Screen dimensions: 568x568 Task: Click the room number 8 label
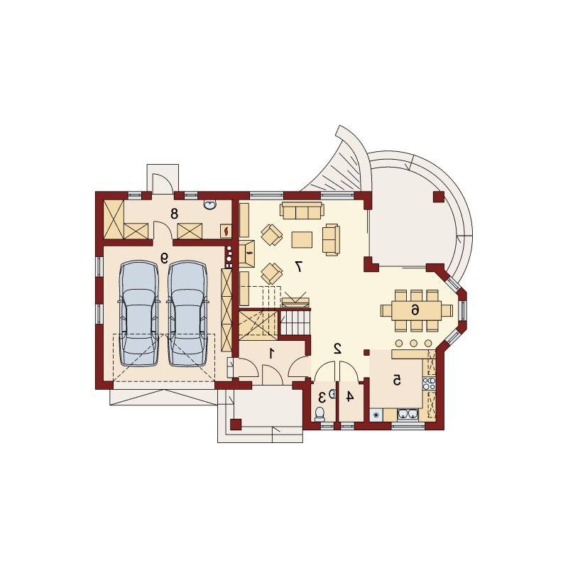tap(174, 214)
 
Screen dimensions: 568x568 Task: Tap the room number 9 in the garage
tap(165, 258)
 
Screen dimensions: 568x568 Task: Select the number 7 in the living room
tap(299, 266)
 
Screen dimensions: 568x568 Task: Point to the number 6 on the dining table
tap(415, 310)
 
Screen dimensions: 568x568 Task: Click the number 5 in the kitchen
tap(397, 380)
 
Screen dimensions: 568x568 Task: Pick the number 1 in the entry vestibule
tap(271, 353)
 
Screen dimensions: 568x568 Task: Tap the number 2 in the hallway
tap(338, 349)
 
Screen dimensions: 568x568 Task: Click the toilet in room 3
tap(319, 414)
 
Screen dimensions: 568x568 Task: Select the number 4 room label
tap(349, 397)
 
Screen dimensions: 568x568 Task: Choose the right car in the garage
tap(187, 313)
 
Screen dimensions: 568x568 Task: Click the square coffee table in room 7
tap(302, 240)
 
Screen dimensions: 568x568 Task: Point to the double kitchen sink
tap(408, 415)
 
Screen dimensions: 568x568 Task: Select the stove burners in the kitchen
tap(429, 383)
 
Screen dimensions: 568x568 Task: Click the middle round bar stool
tap(413, 343)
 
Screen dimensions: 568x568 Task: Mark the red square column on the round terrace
tap(438, 197)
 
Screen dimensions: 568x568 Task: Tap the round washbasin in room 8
tap(209, 205)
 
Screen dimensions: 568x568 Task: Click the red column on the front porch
tap(236, 424)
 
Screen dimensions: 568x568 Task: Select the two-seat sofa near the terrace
tap(331, 239)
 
